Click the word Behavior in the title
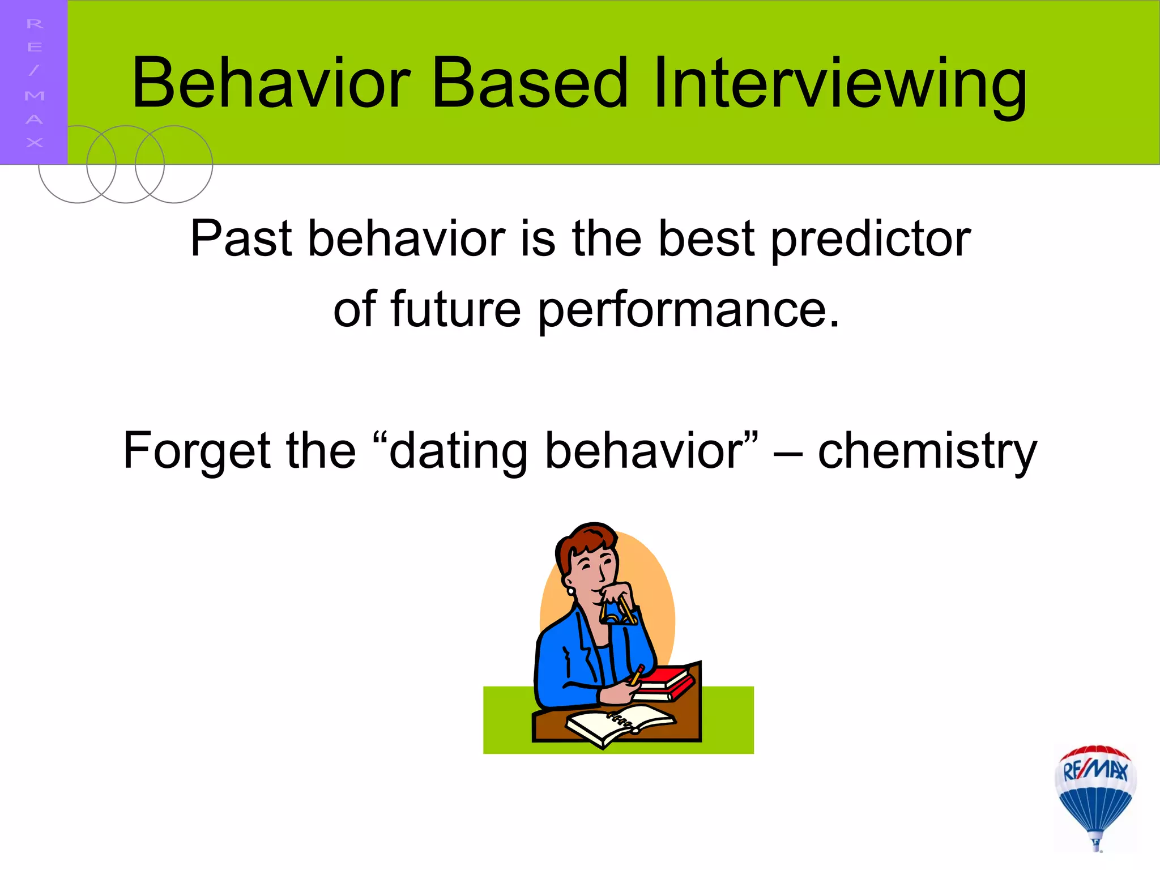[271, 83]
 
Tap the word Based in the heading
[530, 83]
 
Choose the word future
[455, 310]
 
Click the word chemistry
[927, 452]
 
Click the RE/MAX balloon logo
[1095, 796]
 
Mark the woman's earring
[570, 591]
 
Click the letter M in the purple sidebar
[35, 95]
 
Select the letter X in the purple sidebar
[35, 143]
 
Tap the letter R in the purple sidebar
[35, 24]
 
